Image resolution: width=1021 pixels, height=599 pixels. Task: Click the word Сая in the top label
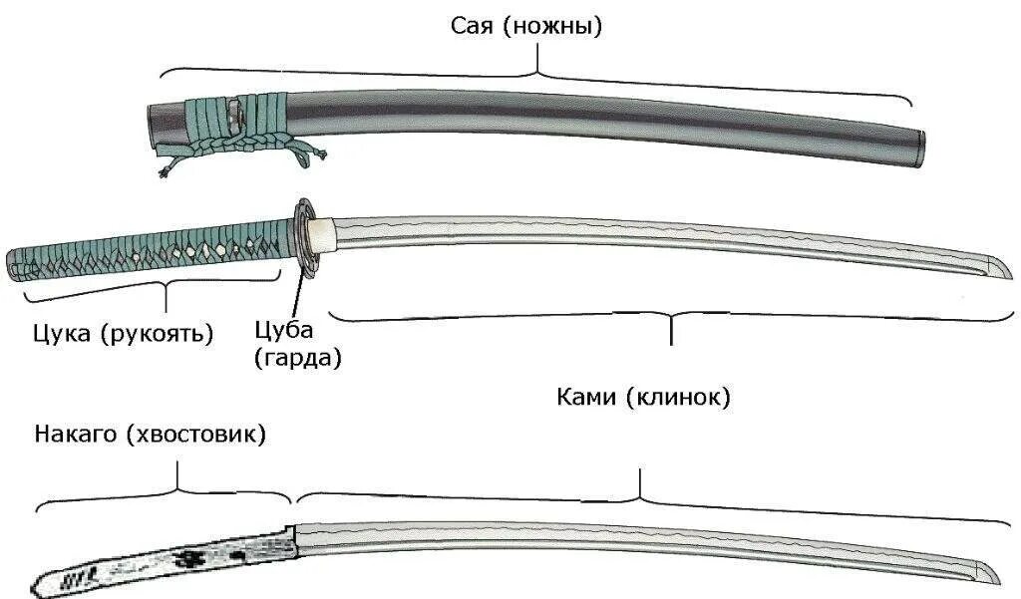point(472,26)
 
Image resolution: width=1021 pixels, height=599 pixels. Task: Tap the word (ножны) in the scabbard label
point(552,26)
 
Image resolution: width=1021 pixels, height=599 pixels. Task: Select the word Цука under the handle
point(61,333)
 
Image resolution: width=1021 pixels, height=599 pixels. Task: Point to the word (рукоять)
point(157,334)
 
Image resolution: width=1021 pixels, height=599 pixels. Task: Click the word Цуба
point(284,330)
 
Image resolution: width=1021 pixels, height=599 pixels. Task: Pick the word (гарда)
point(298,357)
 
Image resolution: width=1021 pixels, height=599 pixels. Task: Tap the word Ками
point(587,398)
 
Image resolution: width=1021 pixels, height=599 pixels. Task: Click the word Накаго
point(76,436)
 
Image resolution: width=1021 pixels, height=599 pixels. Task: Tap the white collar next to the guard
point(320,233)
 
